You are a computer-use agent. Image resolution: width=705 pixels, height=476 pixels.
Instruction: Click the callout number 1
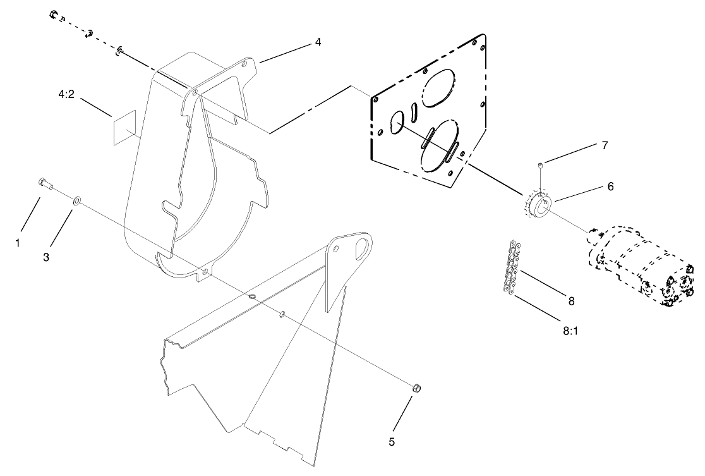coord(18,242)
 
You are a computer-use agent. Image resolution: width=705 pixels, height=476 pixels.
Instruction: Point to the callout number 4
coord(318,42)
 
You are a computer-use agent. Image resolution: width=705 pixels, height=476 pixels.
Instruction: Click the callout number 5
coord(392,442)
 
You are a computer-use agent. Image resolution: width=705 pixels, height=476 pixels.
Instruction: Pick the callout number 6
coord(610,186)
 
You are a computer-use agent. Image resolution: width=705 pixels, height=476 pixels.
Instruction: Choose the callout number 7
coord(604,145)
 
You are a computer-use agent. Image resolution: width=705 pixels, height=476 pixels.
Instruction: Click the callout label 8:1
coord(570,331)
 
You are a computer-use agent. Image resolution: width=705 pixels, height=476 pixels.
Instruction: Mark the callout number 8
coord(571,302)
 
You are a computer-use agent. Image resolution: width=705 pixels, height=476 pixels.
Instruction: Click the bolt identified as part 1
coord(45,184)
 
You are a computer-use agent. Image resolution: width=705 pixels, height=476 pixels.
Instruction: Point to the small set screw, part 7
coord(541,166)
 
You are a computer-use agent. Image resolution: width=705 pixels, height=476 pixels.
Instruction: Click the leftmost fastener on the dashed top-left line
coord(54,15)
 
